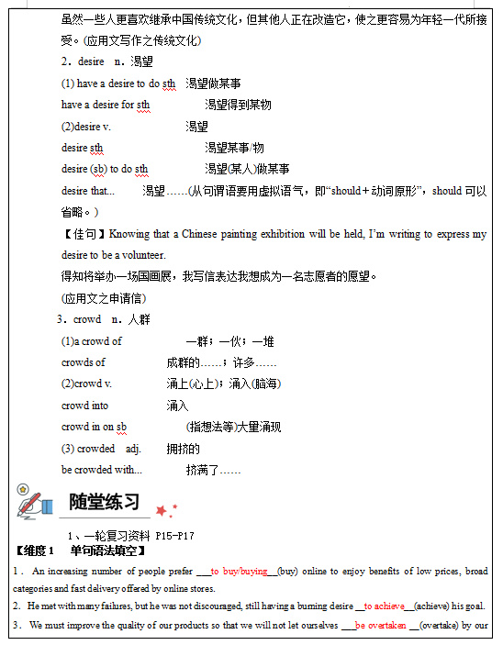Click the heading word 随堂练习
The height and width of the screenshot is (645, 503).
(x=104, y=503)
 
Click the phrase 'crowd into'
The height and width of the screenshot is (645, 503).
(x=84, y=406)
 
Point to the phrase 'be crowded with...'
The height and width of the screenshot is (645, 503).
(x=102, y=470)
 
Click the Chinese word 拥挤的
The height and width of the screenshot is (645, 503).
(x=183, y=449)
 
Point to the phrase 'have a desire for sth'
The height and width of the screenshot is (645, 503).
(x=106, y=105)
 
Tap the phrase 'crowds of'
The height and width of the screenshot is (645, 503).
(x=84, y=362)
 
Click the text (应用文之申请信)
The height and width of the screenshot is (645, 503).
(x=103, y=298)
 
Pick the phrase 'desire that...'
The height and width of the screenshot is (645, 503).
(x=88, y=191)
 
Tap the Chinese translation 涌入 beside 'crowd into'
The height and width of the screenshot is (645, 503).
(x=177, y=406)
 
